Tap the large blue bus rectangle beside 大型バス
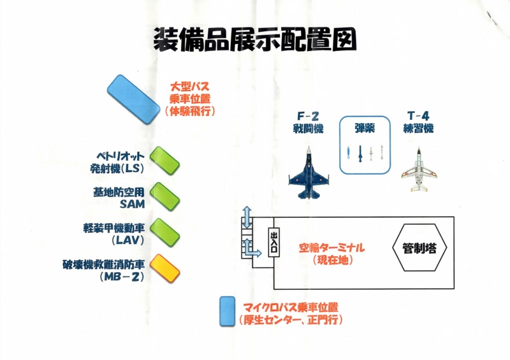pyautogui.click(x=134, y=99)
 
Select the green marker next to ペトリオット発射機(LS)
pyautogui.click(x=165, y=161)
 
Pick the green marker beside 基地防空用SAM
pyautogui.click(x=165, y=197)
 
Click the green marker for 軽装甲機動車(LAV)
pyautogui.click(x=165, y=233)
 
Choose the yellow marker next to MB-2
pyautogui.click(x=165, y=269)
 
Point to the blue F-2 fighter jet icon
pyautogui.click(x=309, y=173)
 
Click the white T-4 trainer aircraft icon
pyautogui.click(x=419, y=169)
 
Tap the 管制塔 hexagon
pyautogui.click(x=419, y=247)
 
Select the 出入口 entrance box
pyautogui.click(x=274, y=242)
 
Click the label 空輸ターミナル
pyautogui.click(x=331, y=248)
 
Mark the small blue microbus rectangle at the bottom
pyautogui.click(x=227, y=311)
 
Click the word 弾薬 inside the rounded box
pyautogui.click(x=365, y=129)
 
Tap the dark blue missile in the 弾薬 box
pyautogui.click(x=360, y=154)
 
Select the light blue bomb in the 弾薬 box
pyautogui.click(x=348, y=152)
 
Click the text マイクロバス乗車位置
pyautogui.click(x=291, y=307)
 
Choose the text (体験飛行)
pyautogui.click(x=190, y=112)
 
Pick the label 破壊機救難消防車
pyautogui.click(x=103, y=264)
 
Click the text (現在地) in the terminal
pyautogui.click(x=333, y=260)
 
